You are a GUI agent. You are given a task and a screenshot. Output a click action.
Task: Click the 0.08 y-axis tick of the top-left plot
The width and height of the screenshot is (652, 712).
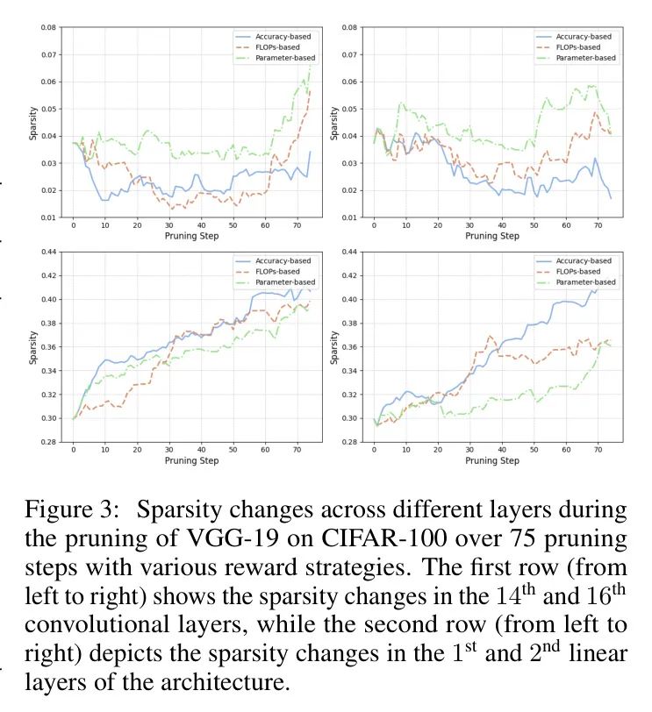click(48, 28)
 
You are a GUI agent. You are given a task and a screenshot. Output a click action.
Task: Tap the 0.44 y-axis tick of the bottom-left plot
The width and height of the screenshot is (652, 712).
click(48, 253)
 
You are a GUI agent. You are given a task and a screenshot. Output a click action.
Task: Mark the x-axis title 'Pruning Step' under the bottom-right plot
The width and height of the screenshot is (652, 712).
click(491, 460)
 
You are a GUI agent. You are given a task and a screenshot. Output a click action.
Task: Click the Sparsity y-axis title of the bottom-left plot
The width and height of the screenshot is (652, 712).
click(32, 347)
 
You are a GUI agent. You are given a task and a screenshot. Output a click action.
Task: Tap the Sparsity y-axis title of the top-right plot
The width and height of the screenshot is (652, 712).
click(333, 123)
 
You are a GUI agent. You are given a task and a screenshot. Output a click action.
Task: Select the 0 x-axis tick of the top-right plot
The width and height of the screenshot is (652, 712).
click(375, 225)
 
